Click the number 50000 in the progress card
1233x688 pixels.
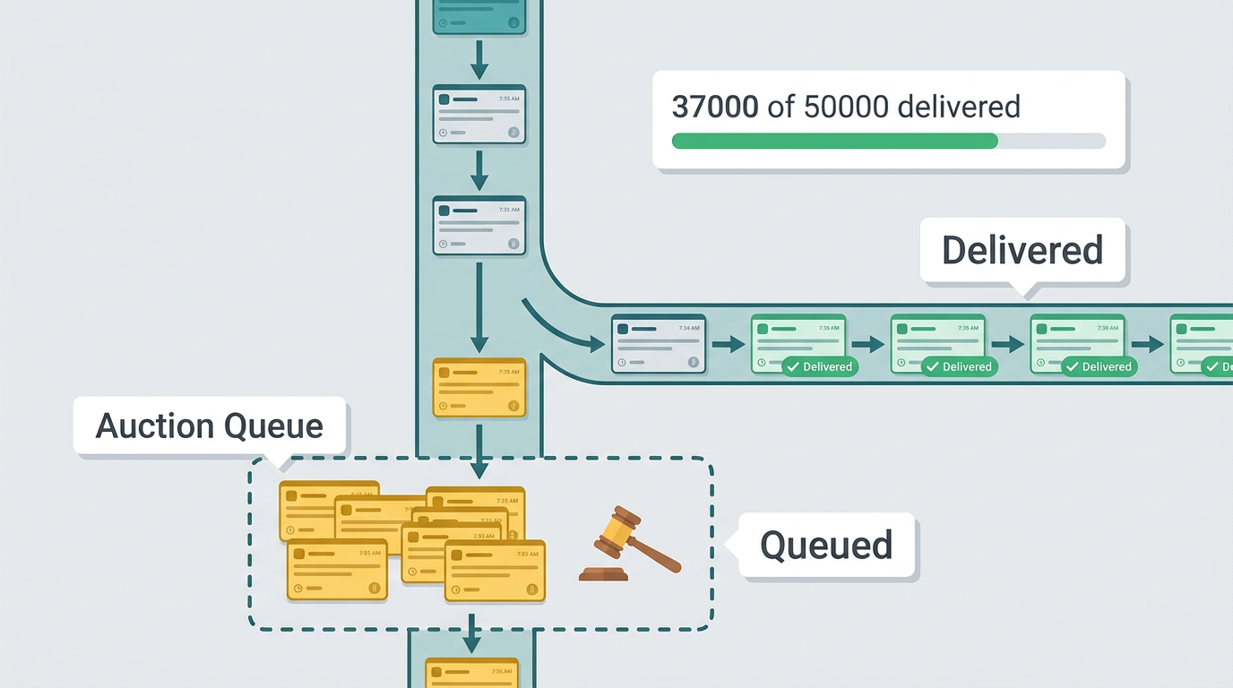(x=846, y=107)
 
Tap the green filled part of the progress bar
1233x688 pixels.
(x=833, y=141)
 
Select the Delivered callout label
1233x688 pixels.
(x=1022, y=250)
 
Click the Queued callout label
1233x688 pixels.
(x=826, y=545)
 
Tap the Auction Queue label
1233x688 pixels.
(x=209, y=426)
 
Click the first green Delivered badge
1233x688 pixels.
(x=819, y=366)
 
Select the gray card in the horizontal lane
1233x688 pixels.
(x=658, y=344)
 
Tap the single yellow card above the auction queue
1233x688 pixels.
(x=479, y=388)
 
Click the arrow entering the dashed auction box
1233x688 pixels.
(x=479, y=452)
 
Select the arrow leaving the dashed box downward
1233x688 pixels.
(x=471, y=633)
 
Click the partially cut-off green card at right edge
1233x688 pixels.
(x=1201, y=344)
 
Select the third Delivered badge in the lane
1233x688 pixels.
(x=1099, y=366)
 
